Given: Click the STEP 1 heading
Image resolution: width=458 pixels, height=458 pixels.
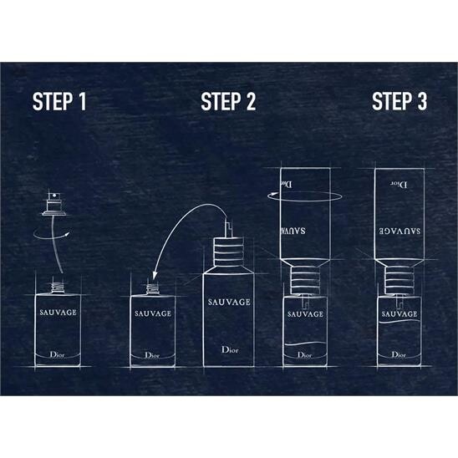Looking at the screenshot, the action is coord(59,101).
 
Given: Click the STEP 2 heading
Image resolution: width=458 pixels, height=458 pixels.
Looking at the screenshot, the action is coord(228,101).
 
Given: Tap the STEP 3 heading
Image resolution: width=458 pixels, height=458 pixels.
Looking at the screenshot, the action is coord(399,101).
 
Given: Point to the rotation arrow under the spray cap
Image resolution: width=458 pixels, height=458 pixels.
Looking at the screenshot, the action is coord(51,237).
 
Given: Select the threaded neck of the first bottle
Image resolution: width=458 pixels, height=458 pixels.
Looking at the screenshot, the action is coord(58,288).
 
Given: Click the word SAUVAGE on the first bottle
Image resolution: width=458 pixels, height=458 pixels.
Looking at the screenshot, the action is coord(59,313).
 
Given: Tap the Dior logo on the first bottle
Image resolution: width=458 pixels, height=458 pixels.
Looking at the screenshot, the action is coord(57,354).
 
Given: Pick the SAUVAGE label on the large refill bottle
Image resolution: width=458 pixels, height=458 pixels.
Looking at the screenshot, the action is coord(229,302).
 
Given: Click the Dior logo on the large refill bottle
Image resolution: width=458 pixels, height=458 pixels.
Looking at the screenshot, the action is coord(230,349).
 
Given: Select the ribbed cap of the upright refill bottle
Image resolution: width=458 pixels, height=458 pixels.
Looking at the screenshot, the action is coord(228,252).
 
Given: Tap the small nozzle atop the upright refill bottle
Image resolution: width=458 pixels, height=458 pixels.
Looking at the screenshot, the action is coord(229,229).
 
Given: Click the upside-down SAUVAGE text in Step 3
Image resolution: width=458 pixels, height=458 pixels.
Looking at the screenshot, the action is coord(399,231).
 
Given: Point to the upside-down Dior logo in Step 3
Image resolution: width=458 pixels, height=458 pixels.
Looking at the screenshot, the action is coord(399,185).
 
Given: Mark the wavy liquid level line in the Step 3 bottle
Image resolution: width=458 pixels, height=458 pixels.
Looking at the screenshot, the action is coord(399,321).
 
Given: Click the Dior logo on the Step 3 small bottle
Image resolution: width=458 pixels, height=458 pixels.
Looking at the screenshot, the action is coord(399,354).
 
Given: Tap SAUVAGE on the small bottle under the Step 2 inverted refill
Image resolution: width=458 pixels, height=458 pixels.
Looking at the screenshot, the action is coord(305,314).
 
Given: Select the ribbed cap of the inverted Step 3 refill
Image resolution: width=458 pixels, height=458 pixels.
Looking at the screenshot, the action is coord(399,280).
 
